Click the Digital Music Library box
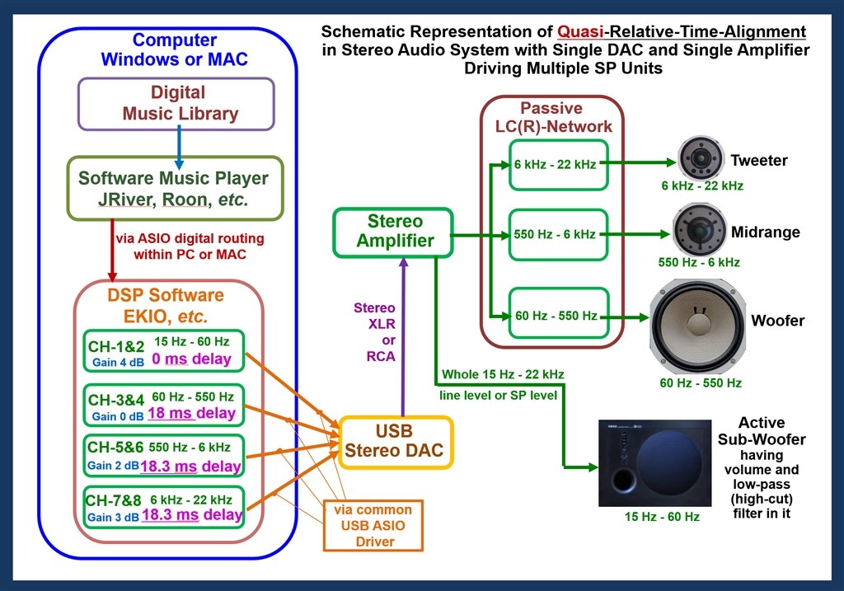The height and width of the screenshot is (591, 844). [176, 104]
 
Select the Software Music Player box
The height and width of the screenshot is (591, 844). [175, 189]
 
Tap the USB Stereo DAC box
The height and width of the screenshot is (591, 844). [395, 442]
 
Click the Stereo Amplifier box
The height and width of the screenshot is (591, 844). [393, 232]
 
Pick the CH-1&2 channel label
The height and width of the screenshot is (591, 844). [116, 346]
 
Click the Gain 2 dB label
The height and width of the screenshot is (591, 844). [113, 466]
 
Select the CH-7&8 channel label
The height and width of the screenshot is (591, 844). [114, 500]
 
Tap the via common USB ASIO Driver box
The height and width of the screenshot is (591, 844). [373, 526]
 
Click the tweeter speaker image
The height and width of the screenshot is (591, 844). [700, 157]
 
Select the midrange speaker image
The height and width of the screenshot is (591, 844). [699, 230]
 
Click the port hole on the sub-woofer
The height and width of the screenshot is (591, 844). [623, 480]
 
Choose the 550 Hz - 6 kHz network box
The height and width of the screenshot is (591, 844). [558, 235]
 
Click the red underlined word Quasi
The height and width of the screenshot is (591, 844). [580, 32]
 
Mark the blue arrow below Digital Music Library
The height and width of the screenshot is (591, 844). [179, 148]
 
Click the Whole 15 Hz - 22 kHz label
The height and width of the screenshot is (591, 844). [503, 374]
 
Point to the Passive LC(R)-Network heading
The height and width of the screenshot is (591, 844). [553, 117]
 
